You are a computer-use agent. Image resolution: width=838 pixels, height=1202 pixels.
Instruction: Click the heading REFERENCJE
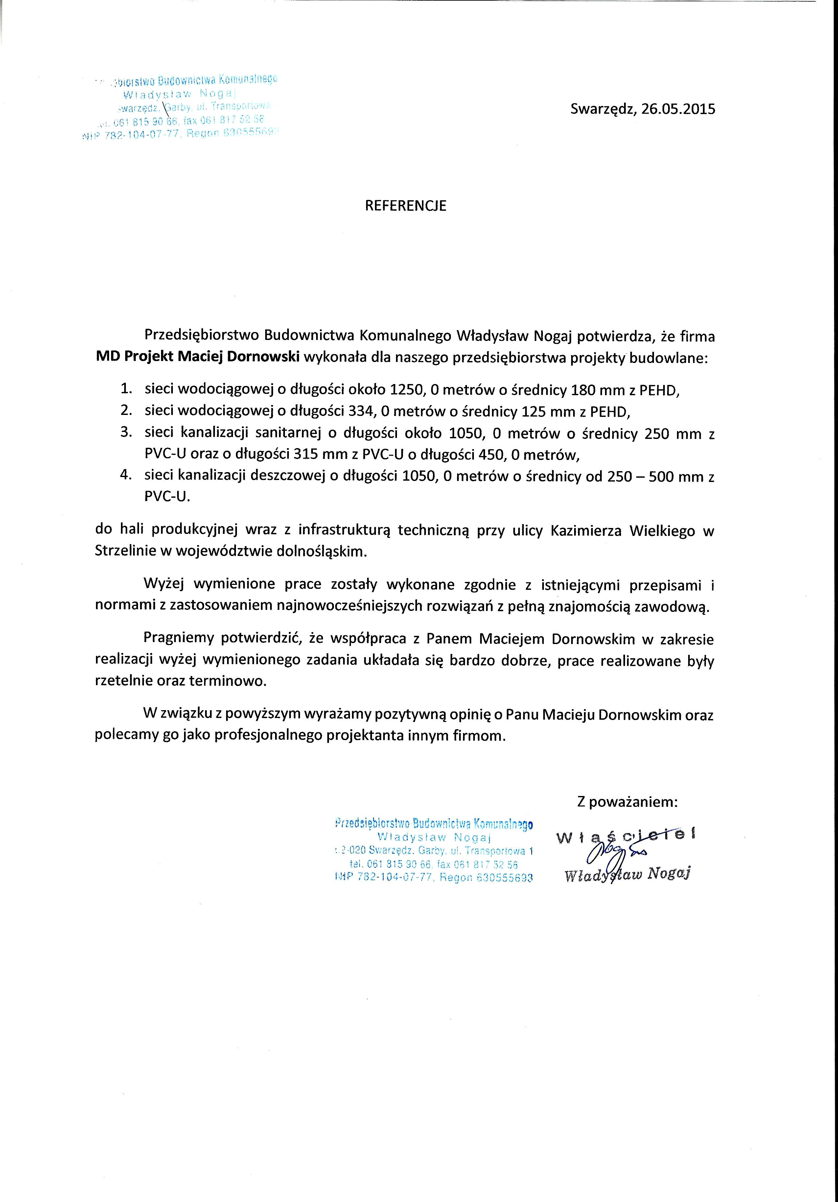(405, 206)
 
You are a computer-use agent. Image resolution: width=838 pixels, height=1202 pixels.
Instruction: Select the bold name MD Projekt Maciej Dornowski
(197, 358)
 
